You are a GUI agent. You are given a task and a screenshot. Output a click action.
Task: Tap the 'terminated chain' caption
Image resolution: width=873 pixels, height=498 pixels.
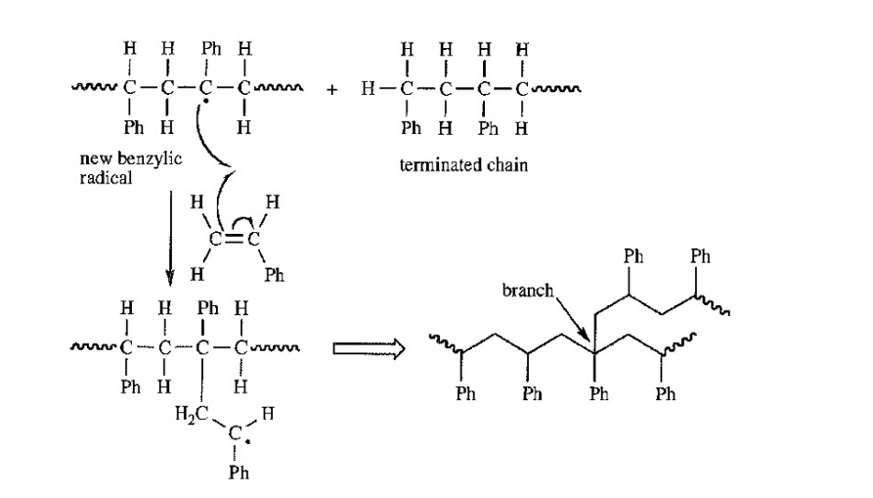(463, 164)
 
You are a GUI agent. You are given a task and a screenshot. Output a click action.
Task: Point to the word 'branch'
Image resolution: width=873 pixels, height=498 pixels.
(528, 291)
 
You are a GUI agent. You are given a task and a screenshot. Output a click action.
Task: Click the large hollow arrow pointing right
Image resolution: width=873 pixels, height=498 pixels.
(369, 348)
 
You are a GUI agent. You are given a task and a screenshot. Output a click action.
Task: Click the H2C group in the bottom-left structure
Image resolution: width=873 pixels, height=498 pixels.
(188, 412)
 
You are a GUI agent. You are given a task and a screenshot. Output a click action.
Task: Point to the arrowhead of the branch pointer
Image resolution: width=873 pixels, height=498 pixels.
(592, 341)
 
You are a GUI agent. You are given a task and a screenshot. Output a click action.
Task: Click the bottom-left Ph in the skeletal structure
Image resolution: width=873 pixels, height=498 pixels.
(465, 394)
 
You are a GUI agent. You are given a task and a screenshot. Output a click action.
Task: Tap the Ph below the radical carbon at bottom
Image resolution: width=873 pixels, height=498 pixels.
(239, 473)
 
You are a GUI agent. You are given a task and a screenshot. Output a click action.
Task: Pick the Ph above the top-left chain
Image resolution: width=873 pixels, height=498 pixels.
(210, 47)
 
